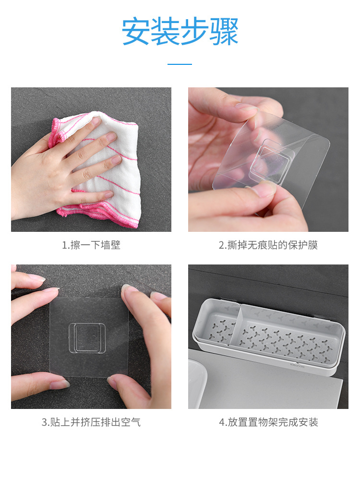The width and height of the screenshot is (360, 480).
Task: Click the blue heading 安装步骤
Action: pyautogui.click(x=180, y=32)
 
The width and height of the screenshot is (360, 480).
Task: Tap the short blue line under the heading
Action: pyautogui.click(x=180, y=64)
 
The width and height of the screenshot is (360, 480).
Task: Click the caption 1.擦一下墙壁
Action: pyautogui.click(x=91, y=245)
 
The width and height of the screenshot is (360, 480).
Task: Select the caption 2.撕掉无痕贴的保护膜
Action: pyautogui.click(x=268, y=245)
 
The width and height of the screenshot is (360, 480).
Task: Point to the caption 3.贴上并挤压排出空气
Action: pyautogui.click(x=91, y=422)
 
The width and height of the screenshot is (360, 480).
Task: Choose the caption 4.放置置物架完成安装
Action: pyautogui.click(x=268, y=422)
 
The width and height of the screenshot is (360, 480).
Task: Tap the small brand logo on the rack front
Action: pyautogui.click(x=297, y=366)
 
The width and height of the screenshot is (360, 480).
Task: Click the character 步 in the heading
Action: pyautogui.click(x=194, y=32)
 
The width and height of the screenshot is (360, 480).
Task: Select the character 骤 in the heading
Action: pyautogui.click(x=224, y=32)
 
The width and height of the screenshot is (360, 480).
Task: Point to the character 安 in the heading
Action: pyautogui.click(x=136, y=32)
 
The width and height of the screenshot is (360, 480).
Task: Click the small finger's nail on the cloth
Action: pyautogui.click(x=108, y=194)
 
